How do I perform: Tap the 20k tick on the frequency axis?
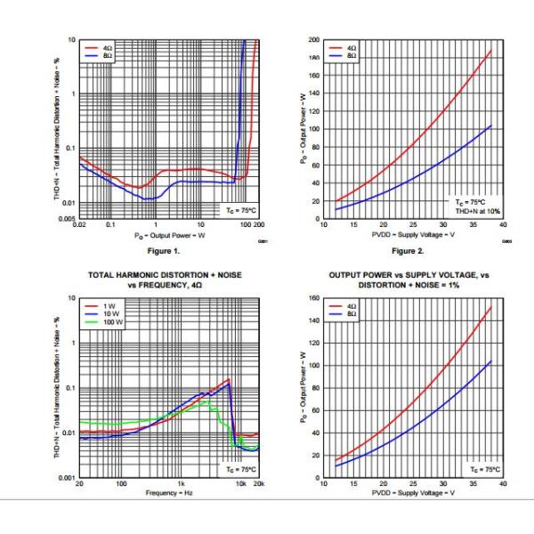(x=258, y=484)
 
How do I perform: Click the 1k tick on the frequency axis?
(x=179, y=484)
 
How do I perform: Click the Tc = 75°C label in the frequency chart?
(x=239, y=469)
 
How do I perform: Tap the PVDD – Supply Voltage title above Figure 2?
(x=413, y=234)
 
